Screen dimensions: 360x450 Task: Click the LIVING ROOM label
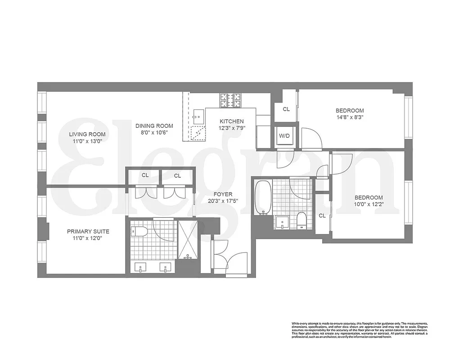87,134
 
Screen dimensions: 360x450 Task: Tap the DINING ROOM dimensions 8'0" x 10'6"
154,133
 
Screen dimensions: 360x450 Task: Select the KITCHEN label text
231,121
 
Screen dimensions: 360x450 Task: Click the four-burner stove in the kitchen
230,100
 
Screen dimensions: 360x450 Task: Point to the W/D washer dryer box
284,135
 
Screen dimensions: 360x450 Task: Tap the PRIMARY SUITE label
88,231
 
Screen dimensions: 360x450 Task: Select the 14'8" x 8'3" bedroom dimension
350,117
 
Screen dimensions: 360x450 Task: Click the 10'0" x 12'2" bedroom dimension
369,205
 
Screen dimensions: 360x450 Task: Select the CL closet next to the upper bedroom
286,109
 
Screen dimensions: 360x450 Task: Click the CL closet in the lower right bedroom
322,216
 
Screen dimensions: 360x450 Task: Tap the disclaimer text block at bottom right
359,329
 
